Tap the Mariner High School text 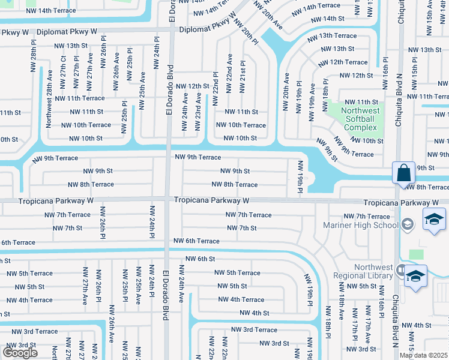click(361, 225)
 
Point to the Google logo click(20, 353)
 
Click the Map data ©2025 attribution click(423, 355)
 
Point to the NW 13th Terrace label click(332, 36)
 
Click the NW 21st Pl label click(243, 76)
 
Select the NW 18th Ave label click(341, 305)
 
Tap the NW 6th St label click(200, 259)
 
